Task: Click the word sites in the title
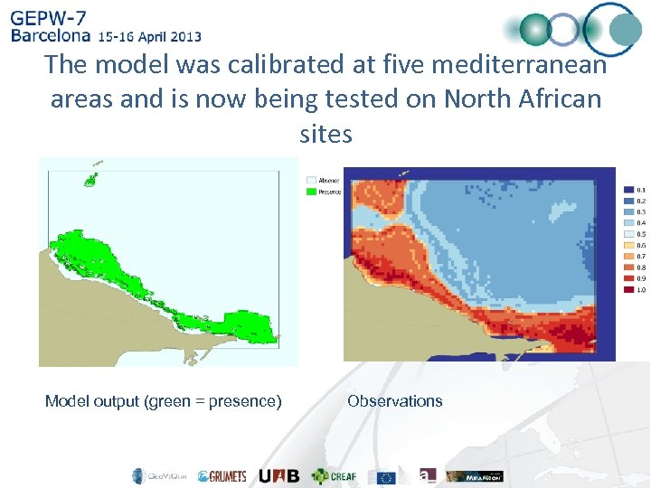click(x=325, y=134)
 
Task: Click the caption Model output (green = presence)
click(x=164, y=401)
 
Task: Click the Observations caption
click(x=395, y=401)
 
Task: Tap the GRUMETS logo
click(x=222, y=476)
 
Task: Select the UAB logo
click(x=278, y=476)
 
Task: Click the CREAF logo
click(x=334, y=476)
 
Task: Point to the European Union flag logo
click(x=387, y=476)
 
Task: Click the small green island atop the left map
click(x=90, y=179)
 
